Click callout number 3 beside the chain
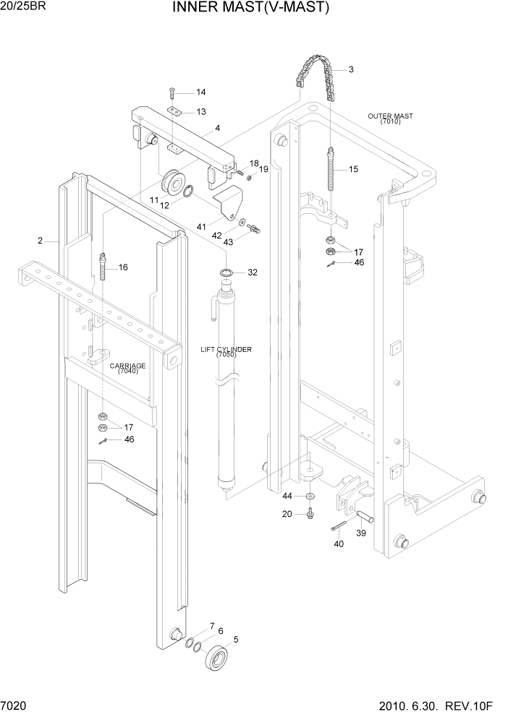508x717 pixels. [351, 70]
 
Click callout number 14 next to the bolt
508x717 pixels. [200, 92]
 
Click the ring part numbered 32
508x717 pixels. [226, 272]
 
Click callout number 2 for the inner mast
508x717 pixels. [40, 241]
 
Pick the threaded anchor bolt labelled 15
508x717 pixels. [332, 170]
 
